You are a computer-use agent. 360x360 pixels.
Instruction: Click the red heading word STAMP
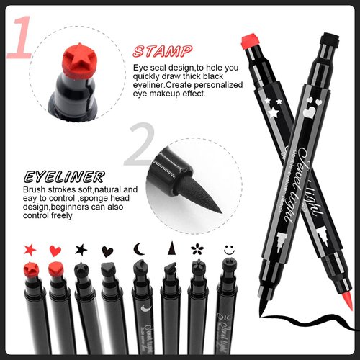[163, 51]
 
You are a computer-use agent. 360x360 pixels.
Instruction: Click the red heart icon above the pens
[55, 250]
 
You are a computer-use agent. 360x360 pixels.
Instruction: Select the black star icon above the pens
[81, 250]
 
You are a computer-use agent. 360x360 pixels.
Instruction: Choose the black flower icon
[195, 250]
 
